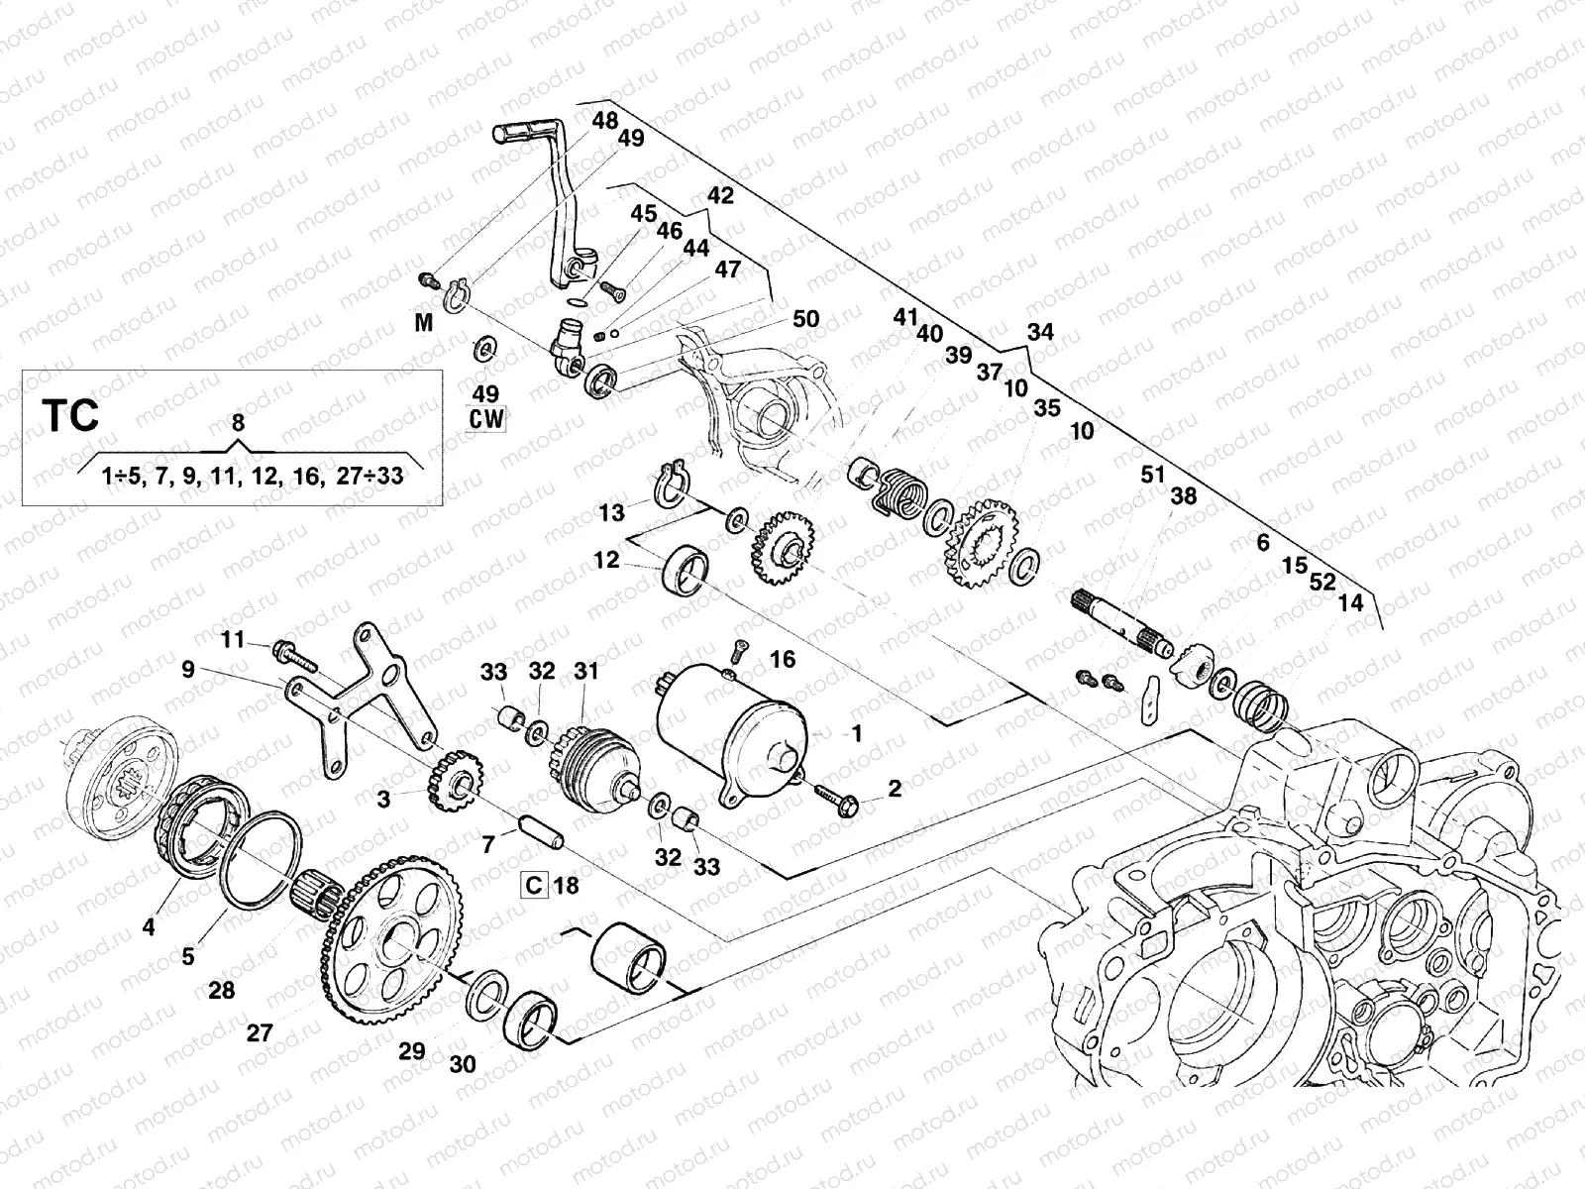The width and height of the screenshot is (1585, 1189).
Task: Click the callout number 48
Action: coord(604,121)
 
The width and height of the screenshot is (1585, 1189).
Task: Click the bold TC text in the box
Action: coord(70,415)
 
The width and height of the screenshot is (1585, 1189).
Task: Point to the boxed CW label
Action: coord(486,418)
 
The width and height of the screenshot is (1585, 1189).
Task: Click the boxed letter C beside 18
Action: coord(535,885)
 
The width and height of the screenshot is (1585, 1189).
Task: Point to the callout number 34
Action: coord(1040,333)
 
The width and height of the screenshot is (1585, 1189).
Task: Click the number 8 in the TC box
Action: coord(237,422)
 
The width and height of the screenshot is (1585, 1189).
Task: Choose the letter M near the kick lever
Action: coord(424,323)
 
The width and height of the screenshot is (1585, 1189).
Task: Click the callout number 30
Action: coord(462,1064)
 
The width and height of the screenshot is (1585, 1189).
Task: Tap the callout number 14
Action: coord(1350,602)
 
